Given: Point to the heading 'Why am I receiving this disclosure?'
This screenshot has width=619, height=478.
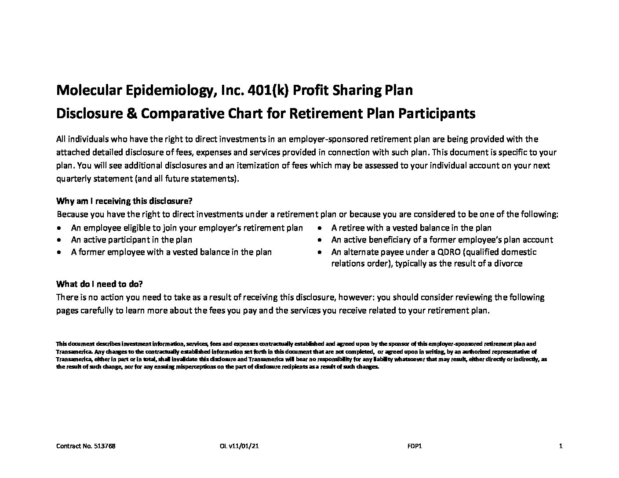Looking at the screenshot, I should coord(124,201).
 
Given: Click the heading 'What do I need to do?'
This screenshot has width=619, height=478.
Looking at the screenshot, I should coord(100,284).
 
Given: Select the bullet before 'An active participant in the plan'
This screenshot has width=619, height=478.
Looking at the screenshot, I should coord(59,240).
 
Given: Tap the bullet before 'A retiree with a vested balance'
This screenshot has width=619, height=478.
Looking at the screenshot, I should coord(321,228).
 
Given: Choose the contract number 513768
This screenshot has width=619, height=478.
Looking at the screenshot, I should coord(106,446).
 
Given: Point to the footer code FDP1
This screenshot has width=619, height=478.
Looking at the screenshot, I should coord(415,446).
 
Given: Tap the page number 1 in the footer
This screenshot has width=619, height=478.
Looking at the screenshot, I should coord(561,446).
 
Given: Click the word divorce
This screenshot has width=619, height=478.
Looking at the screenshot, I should coord(508,264).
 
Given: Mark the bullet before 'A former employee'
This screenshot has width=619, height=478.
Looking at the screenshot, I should coord(59,252).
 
